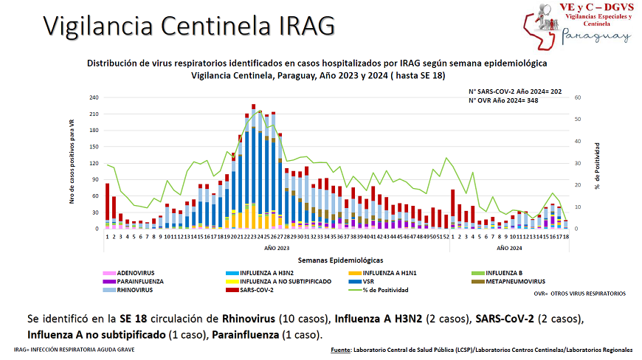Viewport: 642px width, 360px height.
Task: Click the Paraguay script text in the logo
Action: pos(596,35)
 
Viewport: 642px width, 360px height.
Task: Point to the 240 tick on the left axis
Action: pos(94,97)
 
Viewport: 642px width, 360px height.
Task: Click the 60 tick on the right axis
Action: pos(579,97)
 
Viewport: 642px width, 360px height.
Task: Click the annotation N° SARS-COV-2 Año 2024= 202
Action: pos(515,91)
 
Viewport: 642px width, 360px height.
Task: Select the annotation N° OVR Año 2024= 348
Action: pos(504,100)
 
